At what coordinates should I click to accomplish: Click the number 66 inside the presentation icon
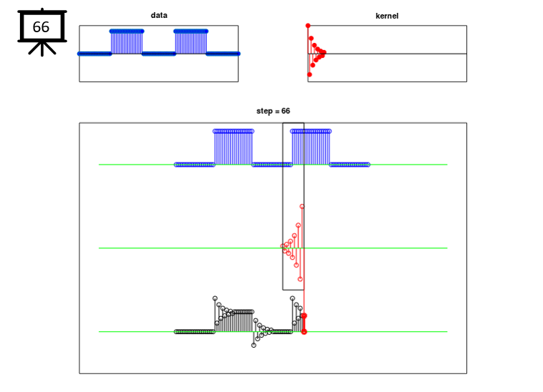coord(41,27)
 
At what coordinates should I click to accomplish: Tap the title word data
coord(159,15)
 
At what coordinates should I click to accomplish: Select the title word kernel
coord(387,16)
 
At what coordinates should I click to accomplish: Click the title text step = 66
coord(273,111)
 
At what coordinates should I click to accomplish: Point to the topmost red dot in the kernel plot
coord(308,26)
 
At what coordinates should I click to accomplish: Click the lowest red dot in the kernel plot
coord(310,74)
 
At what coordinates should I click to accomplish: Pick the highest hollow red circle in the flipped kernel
coord(302,207)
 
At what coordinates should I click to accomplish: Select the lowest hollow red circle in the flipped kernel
coord(300,279)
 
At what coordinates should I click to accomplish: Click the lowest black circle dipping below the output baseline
coord(253,346)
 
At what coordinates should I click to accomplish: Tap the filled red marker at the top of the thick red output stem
coord(304,315)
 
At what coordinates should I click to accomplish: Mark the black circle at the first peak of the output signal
coord(215,298)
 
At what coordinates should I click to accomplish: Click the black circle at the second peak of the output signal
coord(293,298)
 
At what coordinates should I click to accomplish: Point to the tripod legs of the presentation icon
coord(42,49)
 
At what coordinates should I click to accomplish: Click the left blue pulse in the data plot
coord(127,42)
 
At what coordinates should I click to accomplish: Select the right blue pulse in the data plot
coord(191,42)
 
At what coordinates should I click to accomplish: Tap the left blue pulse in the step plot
coord(233,147)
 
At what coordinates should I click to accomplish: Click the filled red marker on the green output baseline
coord(304,332)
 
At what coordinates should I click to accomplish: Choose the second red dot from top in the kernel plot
coord(311,39)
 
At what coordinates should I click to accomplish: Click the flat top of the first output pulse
coord(243,312)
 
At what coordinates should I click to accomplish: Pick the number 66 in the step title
coord(285,111)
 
